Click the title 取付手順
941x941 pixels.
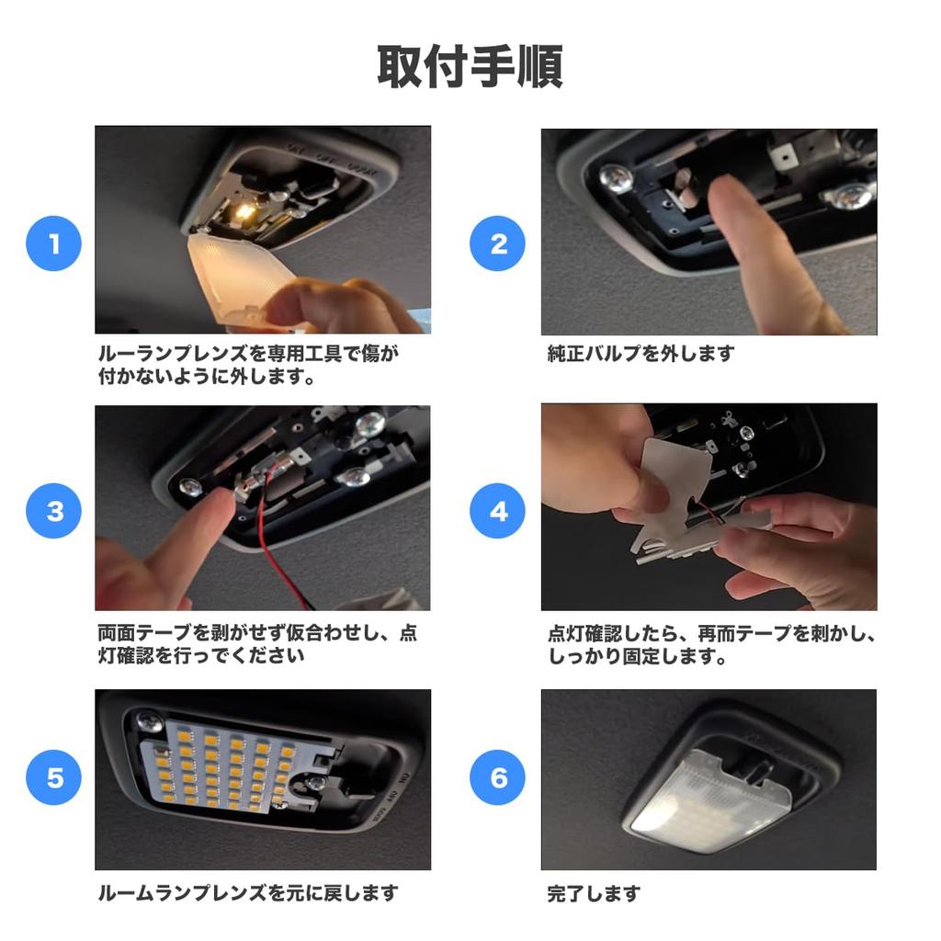(470, 66)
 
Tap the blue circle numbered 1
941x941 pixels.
(53, 244)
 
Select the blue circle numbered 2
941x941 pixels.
(497, 244)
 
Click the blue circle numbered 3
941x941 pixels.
(53, 511)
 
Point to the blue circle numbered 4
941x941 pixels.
(497, 511)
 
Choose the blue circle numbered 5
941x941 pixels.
(53, 777)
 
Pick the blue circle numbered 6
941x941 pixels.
(497, 777)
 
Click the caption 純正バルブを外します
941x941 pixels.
(641, 354)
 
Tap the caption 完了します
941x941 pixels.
(594, 893)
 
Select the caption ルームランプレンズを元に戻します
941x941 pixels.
(248, 893)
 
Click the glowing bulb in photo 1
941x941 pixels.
(244, 210)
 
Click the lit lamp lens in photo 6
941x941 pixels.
(711, 801)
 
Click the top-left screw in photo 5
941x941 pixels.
(150, 720)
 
